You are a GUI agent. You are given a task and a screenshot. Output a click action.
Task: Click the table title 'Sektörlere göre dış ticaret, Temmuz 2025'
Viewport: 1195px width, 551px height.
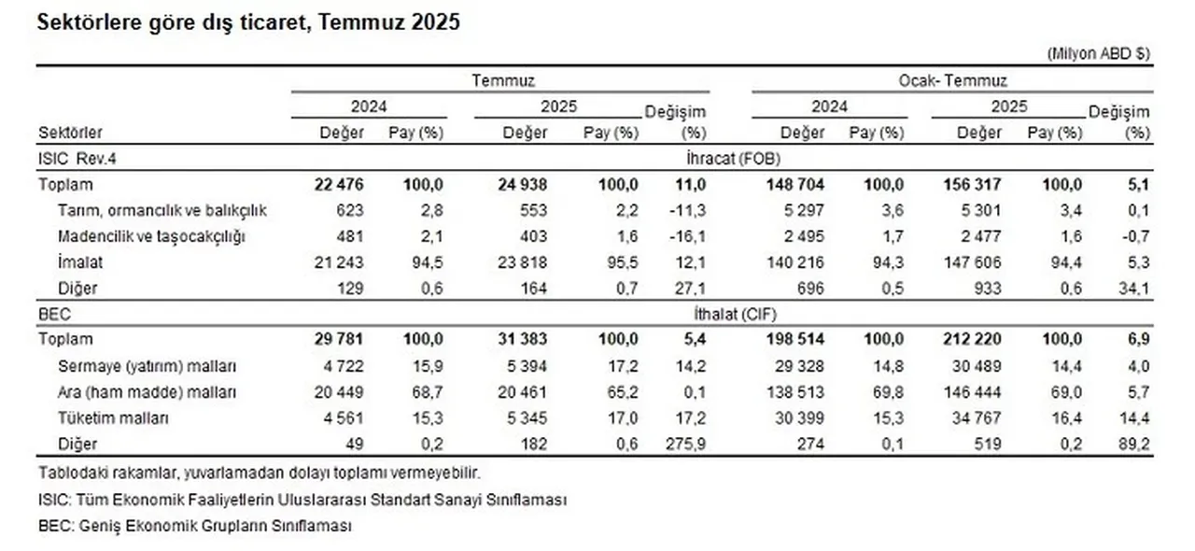[248, 23]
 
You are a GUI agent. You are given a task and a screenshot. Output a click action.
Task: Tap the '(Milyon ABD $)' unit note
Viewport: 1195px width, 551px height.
[1098, 54]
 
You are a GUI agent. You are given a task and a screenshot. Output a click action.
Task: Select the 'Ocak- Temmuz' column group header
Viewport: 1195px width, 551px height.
[952, 81]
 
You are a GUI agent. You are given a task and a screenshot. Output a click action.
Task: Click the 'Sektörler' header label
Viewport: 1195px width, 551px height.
[71, 133]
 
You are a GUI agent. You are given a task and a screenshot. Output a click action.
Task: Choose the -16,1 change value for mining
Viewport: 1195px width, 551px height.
[686, 236]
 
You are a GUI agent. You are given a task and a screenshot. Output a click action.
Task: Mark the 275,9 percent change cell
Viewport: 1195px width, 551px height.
[683, 445]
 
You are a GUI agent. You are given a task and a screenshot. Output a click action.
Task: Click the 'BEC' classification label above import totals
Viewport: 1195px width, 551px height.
[52, 315]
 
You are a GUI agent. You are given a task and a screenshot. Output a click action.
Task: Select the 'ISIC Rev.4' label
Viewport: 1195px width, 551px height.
[69, 159]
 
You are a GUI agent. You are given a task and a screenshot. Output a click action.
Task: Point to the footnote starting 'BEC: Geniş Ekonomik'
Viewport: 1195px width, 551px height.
[195, 526]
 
